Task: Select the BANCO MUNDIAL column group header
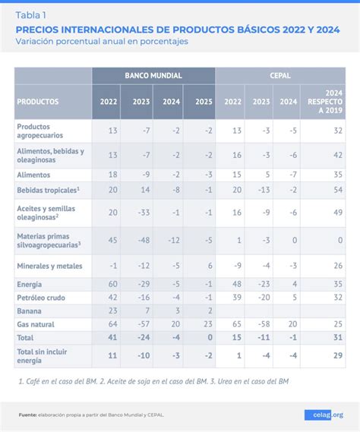(x=153, y=76)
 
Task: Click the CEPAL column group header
(x=280, y=76)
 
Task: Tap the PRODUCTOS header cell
(x=38, y=101)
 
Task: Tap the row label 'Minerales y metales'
(x=49, y=266)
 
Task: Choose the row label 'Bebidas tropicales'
(x=47, y=190)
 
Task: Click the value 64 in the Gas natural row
(x=112, y=323)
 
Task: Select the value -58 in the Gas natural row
(x=261, y=323)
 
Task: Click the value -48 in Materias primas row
(x=142, y=240)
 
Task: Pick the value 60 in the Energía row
(x=112, y=283)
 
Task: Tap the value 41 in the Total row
(x=112, y=336)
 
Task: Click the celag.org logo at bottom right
(x=324, y=415)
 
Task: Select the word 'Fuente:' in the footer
(x=29, y=415)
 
